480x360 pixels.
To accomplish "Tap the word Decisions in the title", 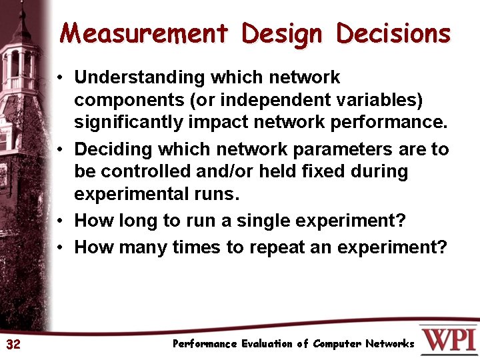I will (x=393, y=33).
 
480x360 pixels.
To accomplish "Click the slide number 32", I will (x=13, y=344).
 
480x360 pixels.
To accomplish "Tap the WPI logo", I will (x=447, y=339).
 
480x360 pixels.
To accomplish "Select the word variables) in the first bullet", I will (x=379, y=100).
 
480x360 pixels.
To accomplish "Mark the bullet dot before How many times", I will (x=60, y=247).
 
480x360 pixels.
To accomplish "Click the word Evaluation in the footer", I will (x=267, y=344).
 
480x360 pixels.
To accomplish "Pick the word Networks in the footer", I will (x=389, y=344).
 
